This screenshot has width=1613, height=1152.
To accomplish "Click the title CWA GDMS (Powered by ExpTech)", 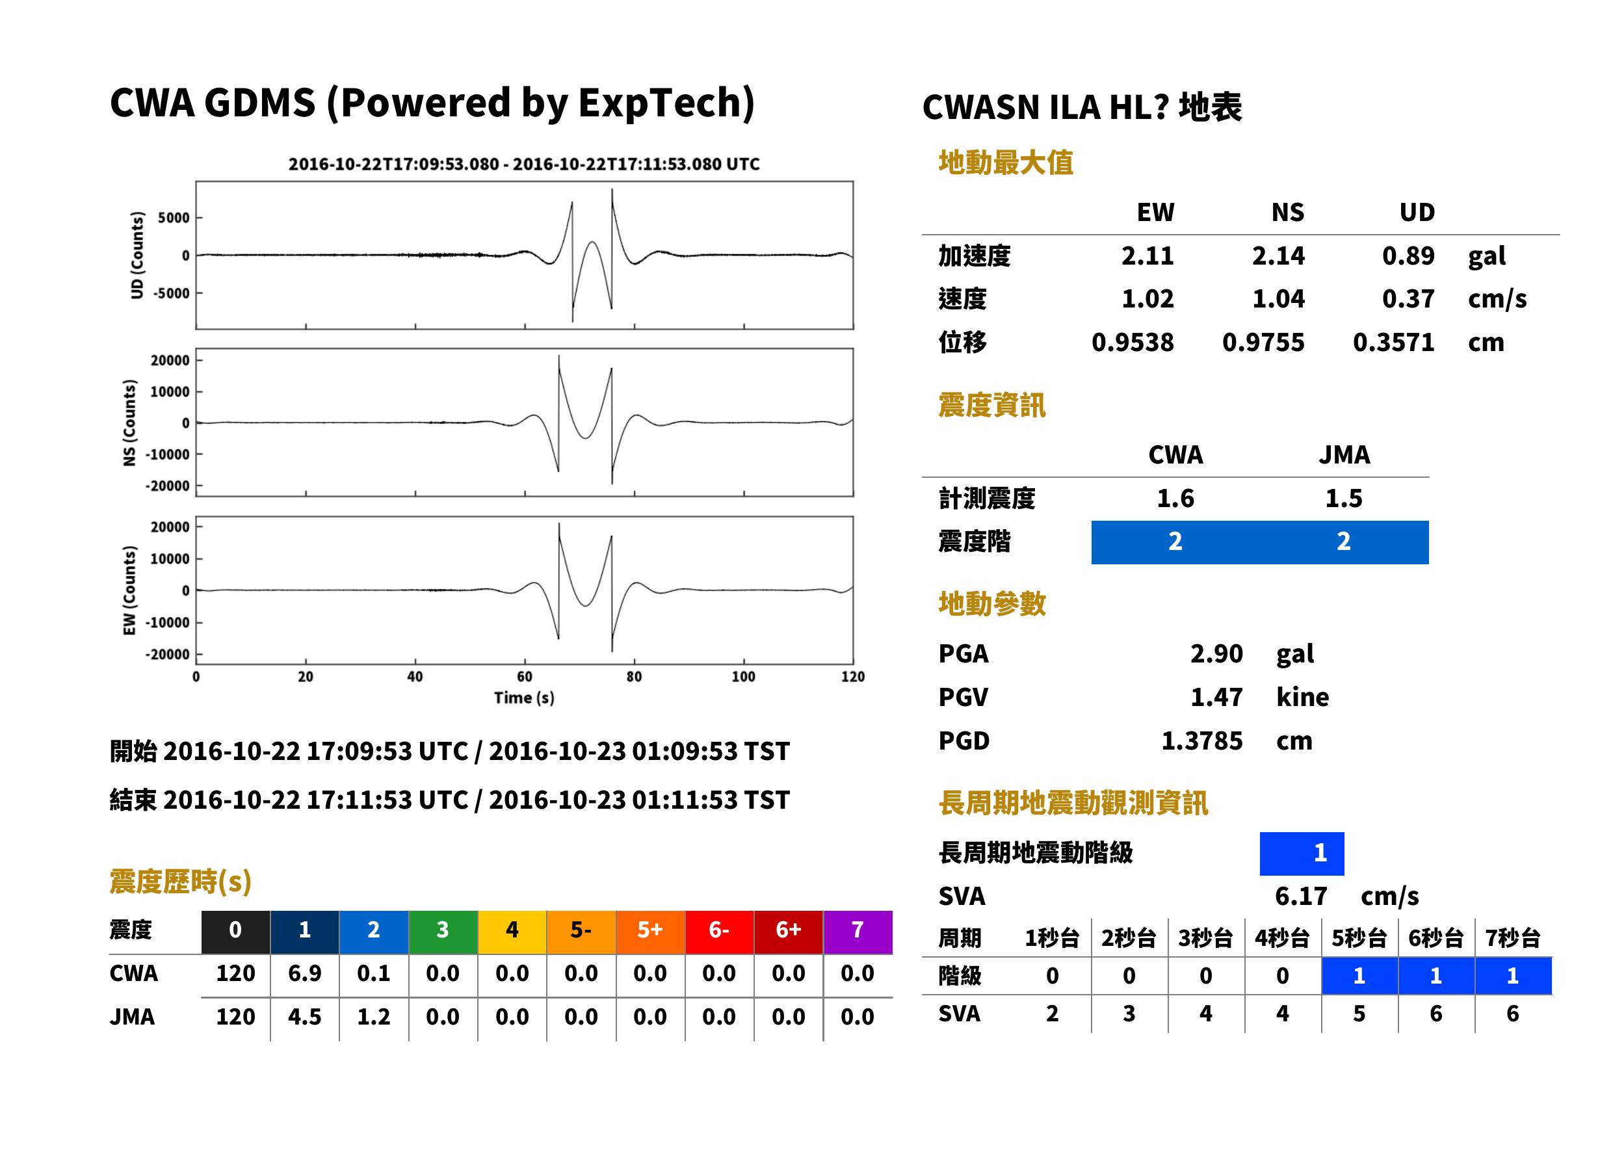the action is pyautogui.click(x=432, y=103).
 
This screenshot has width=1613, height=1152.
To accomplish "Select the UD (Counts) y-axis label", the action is pyautogui.click(x=137, y=255).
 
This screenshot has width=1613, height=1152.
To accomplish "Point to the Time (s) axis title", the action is pyautogui.click(x=524, y=698).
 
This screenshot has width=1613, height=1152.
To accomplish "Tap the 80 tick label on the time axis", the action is pyautogui.click(x=634, y=677).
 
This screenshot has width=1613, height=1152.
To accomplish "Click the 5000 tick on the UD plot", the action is pyautogui.click(x=174, y=218).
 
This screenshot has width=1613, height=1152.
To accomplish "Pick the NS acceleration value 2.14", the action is pyautogui.click(x=1278, y=256).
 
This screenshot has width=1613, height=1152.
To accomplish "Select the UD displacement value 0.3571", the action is pyautogui.click(x=1394, y=343).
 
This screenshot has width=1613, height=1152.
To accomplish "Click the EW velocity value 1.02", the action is pyautogui.click(x=1147, y=299).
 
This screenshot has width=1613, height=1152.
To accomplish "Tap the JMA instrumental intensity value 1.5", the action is pyautogui.click(x=1343, y=499).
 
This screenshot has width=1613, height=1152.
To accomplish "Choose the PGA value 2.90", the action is pyautogui.click(x=1216, y=654).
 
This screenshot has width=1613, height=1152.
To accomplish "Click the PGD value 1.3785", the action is pyautogui.click(x=1202, y=741).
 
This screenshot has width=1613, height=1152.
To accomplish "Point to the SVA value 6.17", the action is pyautogui.click(x=1301, y=897).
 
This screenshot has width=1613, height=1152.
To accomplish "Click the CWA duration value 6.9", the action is pyautogui.click(x=305, y=974).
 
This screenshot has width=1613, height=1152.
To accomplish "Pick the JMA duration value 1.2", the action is pyautogui.click(x=374, y=1017).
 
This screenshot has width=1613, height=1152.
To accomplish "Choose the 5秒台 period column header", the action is pyautogui.click(x=1359, y=939).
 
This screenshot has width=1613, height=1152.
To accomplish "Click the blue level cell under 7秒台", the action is pyautogui.click(x=1513, y=976).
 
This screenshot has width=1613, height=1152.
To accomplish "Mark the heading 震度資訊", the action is pyautogui.click(x=991, y=406).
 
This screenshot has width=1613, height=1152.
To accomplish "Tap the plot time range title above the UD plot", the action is pyautogui.click(x=524, y=164).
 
